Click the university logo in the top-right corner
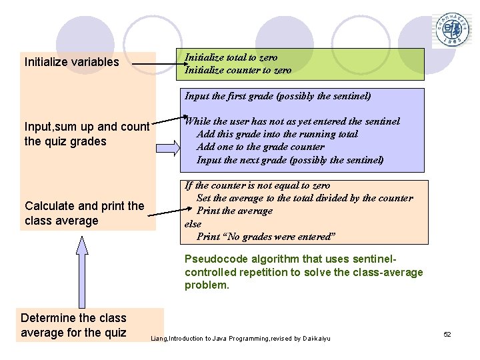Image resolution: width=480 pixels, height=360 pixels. click(453, 31)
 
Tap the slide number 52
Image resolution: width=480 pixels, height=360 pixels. click(447, 334)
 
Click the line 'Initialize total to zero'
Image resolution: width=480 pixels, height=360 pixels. click(231, 57)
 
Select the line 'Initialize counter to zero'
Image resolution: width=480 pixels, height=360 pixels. click(238, 69)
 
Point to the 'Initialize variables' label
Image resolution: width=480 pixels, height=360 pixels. click(72, 62)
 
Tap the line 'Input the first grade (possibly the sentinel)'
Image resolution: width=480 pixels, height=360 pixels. click(277, 96)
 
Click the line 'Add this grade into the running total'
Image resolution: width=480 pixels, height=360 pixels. click(277, 134)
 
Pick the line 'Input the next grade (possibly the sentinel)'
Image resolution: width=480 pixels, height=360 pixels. click(290, 159)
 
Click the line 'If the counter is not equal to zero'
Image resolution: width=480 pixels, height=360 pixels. click(257, 185)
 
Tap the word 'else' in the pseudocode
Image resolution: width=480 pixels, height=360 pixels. click(193, 224)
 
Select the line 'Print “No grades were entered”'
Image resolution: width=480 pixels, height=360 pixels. click(266, 237)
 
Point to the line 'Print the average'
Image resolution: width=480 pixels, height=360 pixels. click(235, 211)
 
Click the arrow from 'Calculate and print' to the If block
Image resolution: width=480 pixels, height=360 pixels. click(165, 212)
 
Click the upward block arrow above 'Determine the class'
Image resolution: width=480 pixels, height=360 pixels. click(81, 270)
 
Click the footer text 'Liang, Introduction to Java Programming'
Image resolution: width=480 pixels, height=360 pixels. click(241, 339)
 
